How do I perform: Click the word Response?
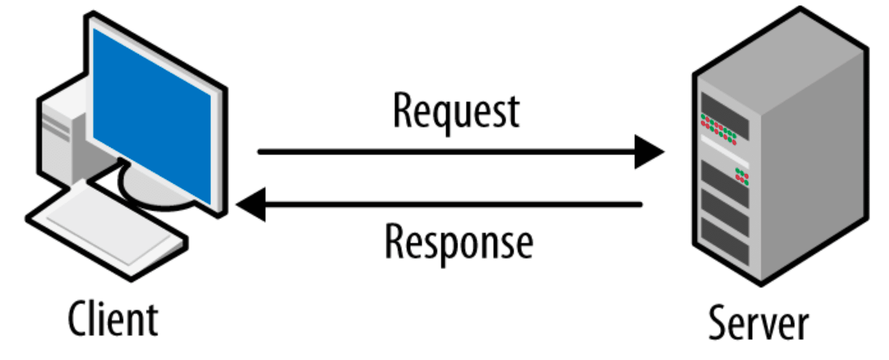(458, 243)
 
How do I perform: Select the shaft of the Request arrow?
(444, 152)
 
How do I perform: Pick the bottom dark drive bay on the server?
(725, 238)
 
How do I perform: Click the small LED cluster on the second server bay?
(741, 176)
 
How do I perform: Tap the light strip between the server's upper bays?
(725, 151)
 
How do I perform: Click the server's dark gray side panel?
(813, 169)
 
